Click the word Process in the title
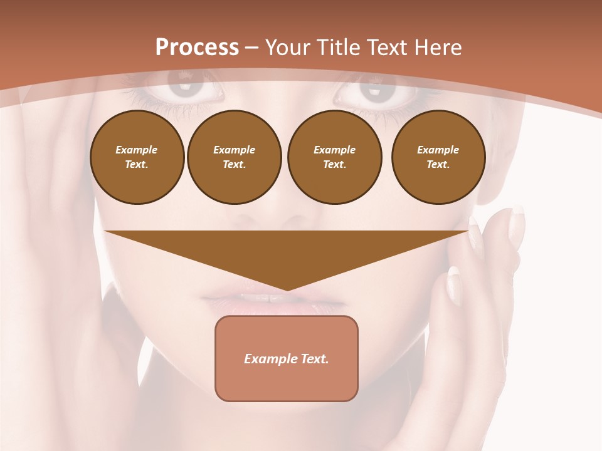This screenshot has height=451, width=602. (x=197, y=48)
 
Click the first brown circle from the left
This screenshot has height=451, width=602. (x=137, y=157)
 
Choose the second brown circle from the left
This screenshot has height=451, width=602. (x=234, y=157)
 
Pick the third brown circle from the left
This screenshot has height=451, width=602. (x=334, y=157)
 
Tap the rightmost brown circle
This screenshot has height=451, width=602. (x=438, y=157)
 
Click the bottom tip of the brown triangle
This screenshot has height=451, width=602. (x=287, y=289)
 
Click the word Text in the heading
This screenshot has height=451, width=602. (x=383, y=48)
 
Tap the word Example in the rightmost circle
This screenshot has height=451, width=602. (x=438, y=150)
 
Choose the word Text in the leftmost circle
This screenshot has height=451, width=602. (x=136, y=165)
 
